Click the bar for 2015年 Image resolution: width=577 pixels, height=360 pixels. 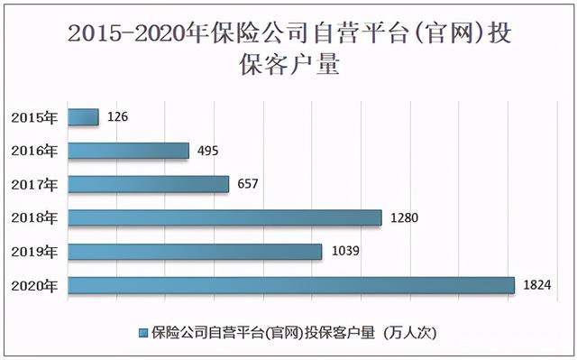point(83,116)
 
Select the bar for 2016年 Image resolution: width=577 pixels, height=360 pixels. point(128,151)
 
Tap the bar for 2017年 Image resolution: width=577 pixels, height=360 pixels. point(148,184)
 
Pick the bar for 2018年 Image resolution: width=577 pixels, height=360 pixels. point(224,217)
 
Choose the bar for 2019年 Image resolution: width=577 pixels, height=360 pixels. point(195,251)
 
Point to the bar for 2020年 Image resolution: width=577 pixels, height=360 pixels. point(290,285)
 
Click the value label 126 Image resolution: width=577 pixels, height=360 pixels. point(117,116)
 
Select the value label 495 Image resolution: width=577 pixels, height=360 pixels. point(207,151)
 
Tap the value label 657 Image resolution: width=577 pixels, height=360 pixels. point(247,184)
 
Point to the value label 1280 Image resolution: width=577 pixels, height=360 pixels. point(405,217)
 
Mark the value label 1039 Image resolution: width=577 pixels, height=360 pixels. point(344,251)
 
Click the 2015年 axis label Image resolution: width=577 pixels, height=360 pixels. point(34,116)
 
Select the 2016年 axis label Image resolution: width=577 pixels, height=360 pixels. point(34,151)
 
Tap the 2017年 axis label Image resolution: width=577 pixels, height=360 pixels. point(34,184)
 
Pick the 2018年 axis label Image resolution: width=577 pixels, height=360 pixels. point(34,217)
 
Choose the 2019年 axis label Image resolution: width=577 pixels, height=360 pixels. point(34,251)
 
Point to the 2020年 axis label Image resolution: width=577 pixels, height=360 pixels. point(34,285)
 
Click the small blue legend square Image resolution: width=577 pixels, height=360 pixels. point(142,332)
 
